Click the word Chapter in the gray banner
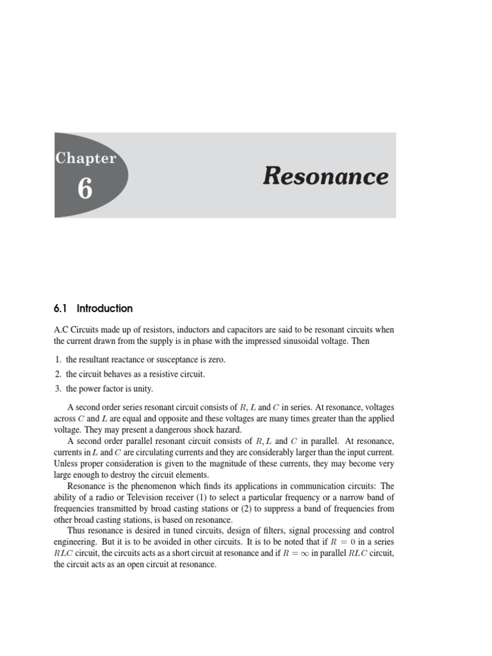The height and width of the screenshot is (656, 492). tap(86, 158)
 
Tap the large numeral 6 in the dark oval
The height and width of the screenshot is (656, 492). tap(85, 190)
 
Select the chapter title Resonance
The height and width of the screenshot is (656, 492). tap(325, 176)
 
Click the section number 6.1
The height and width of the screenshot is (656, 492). tap(61, 309)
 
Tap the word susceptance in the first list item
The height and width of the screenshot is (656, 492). tap(190, 360)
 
